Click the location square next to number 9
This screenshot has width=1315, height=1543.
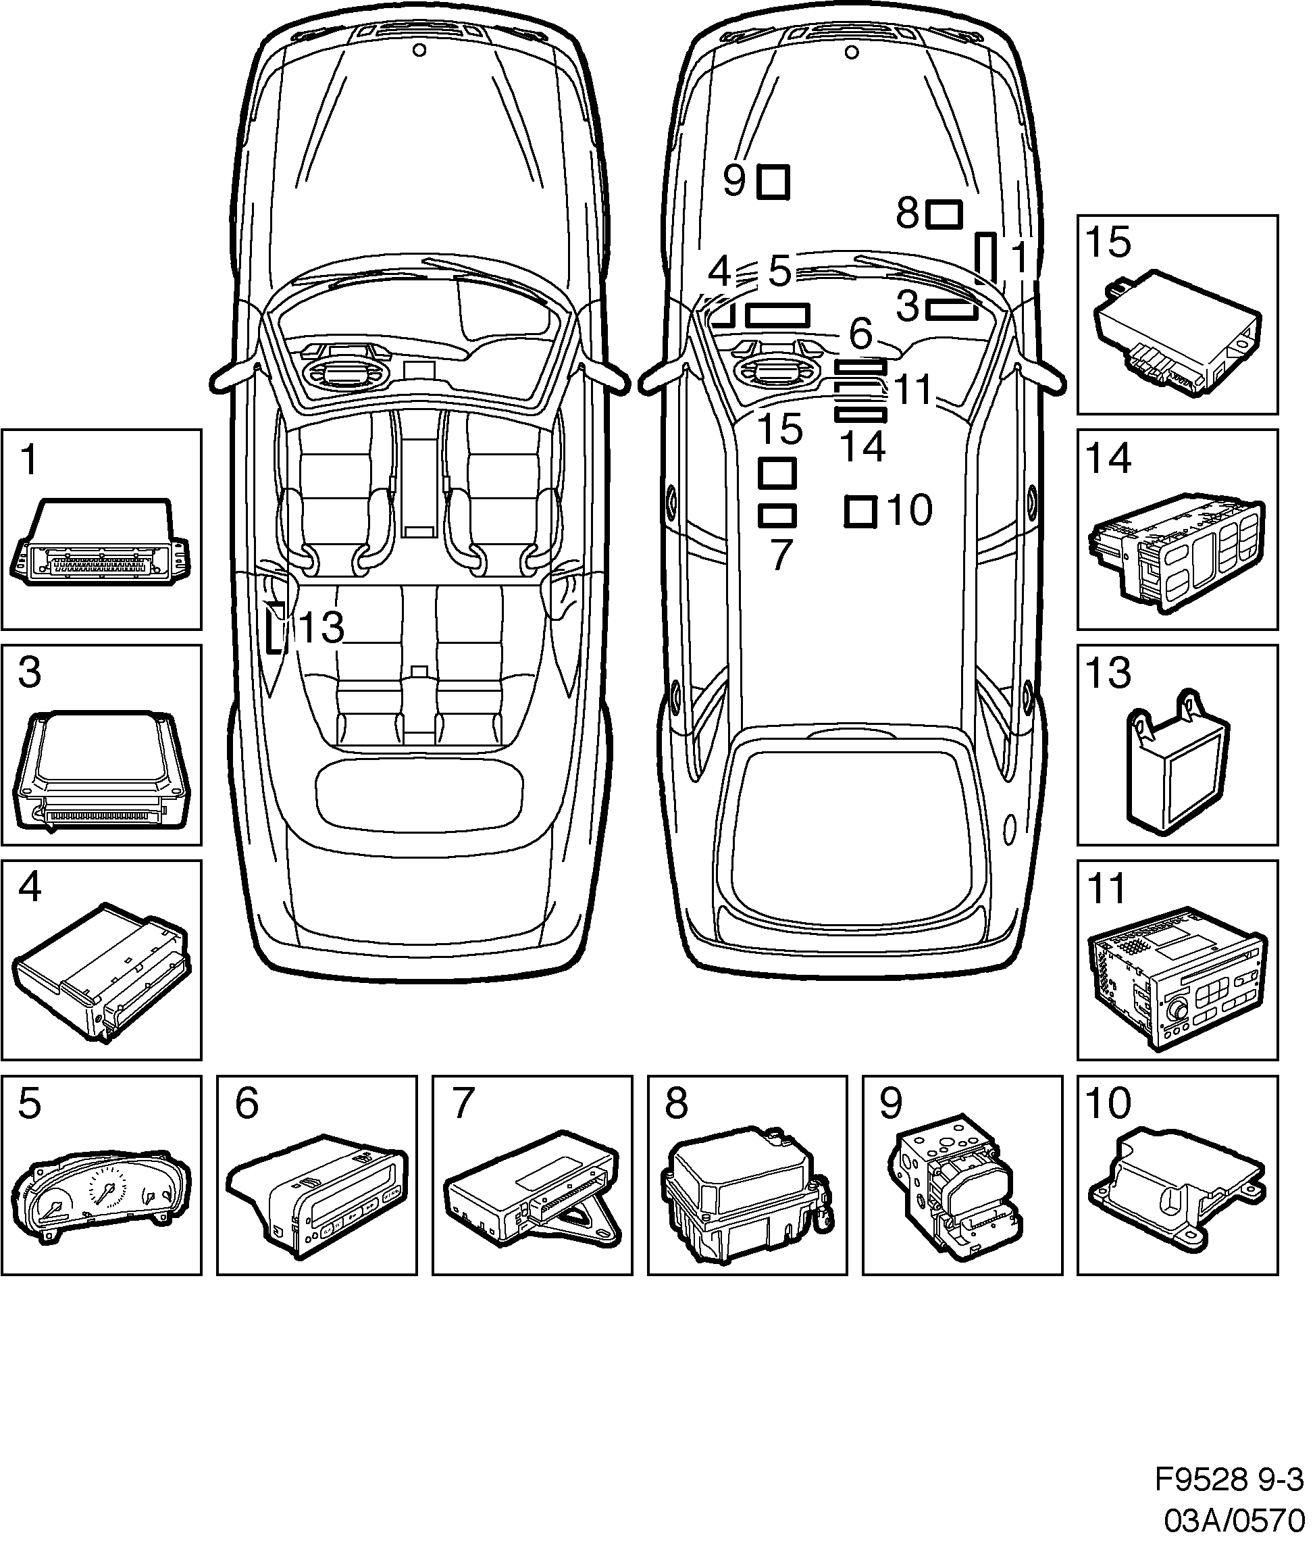[773, 182]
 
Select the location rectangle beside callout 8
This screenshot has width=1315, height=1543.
[944, 214]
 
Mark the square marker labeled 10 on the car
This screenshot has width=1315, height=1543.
[860, 511]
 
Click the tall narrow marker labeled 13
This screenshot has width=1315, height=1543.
[276, 626]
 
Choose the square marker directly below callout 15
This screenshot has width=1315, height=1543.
[777, 473]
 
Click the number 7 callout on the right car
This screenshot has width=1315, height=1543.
[780, 555]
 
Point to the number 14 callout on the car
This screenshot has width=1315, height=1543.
[862, 447]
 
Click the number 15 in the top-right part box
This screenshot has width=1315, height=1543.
[1108, 242]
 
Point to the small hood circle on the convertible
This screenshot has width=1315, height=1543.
[419, 50]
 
